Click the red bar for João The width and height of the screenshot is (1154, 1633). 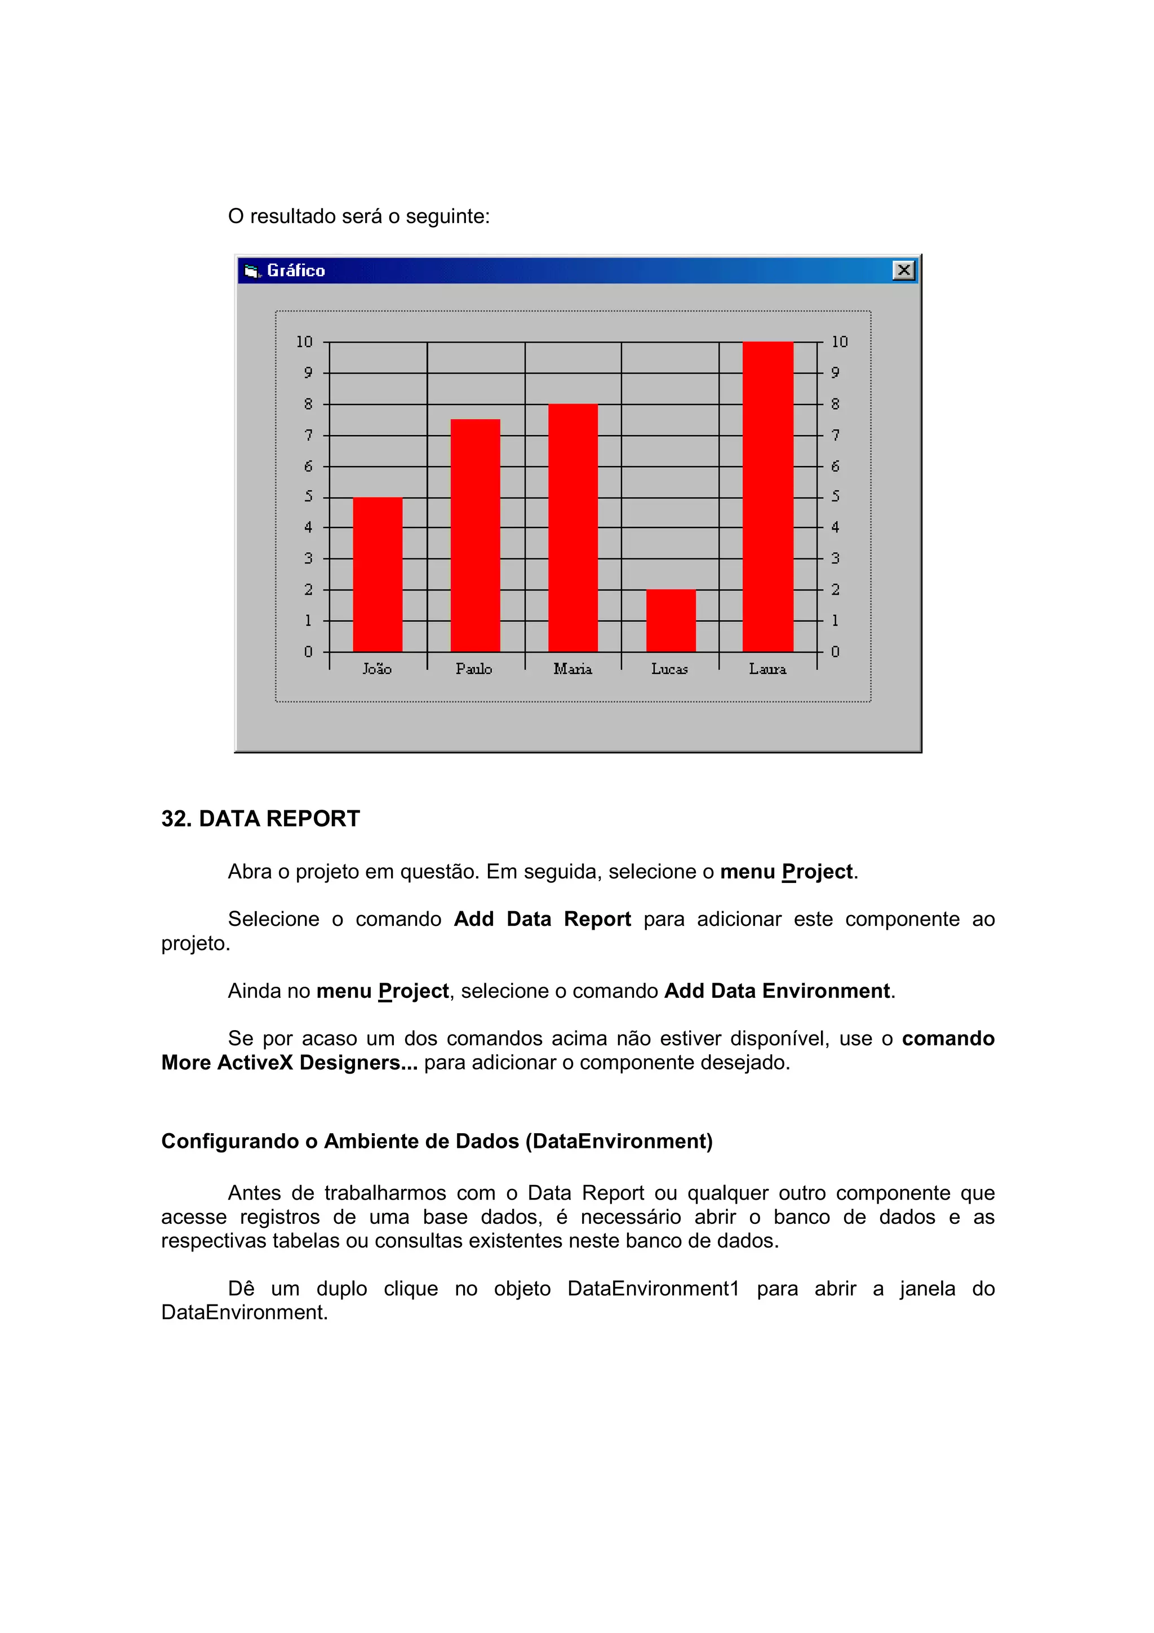378,574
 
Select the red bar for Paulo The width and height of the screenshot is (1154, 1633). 475,535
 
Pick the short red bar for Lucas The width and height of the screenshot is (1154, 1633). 671,620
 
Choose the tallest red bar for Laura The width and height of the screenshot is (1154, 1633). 768,496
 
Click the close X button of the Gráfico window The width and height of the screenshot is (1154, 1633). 904,270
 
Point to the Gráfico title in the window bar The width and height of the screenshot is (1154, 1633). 296,271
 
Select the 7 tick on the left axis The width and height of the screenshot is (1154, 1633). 309,435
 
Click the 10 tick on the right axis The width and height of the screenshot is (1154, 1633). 840,342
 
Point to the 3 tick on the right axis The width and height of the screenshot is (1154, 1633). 836,558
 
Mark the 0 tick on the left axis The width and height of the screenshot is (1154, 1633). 309,651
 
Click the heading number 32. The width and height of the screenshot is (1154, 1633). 176,819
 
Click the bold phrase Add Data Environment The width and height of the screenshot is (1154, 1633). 776,991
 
